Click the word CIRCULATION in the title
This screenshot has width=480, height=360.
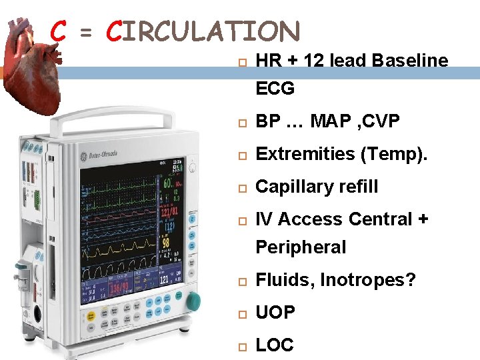[x=203, y=31]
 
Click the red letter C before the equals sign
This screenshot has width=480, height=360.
[x=58, y=31]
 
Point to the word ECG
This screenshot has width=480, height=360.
[x=275, y=89]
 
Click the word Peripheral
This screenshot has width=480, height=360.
[x=301, y=247]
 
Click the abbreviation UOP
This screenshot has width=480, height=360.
[x=275, y=312]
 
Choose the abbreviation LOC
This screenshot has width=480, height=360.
[x=275, y=345]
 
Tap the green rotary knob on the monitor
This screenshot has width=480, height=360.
[x=193, y=301]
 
